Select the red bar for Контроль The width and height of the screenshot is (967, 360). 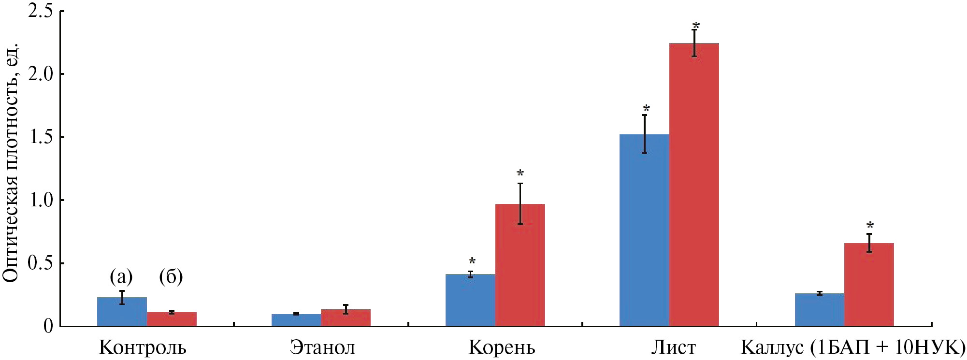pos(172,319)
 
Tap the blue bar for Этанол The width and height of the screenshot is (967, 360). pos(296,320)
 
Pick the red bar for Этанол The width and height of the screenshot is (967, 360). pos(346,318)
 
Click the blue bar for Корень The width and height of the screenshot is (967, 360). pos(470,300)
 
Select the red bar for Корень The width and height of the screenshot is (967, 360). pos(520,265)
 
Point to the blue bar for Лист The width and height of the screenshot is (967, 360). pos(644,230)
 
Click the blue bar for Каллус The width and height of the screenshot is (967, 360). pos(819,310)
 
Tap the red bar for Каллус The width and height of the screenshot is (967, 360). pos(869,285)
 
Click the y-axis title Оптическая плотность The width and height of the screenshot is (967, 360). pos(11,162)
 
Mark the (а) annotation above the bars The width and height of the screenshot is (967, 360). pos(121,277)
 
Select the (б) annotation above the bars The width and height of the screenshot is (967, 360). pos(171,277)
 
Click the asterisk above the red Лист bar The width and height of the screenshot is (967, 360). pos(696,25)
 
